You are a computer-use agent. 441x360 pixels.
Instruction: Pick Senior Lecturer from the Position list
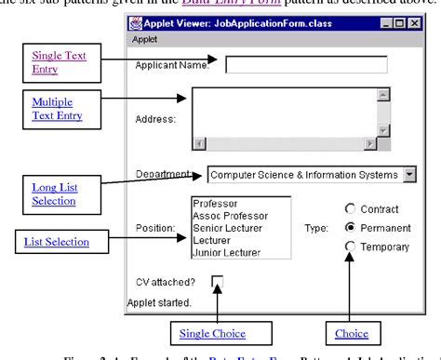(227, 227)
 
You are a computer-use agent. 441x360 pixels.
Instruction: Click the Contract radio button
(351, 207)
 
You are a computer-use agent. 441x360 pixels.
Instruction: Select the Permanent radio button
(351, 226)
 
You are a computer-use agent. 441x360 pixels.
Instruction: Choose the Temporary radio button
(351, 246)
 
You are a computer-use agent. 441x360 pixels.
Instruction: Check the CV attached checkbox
(218, 280)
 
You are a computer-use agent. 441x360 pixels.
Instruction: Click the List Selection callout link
(56, 243)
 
